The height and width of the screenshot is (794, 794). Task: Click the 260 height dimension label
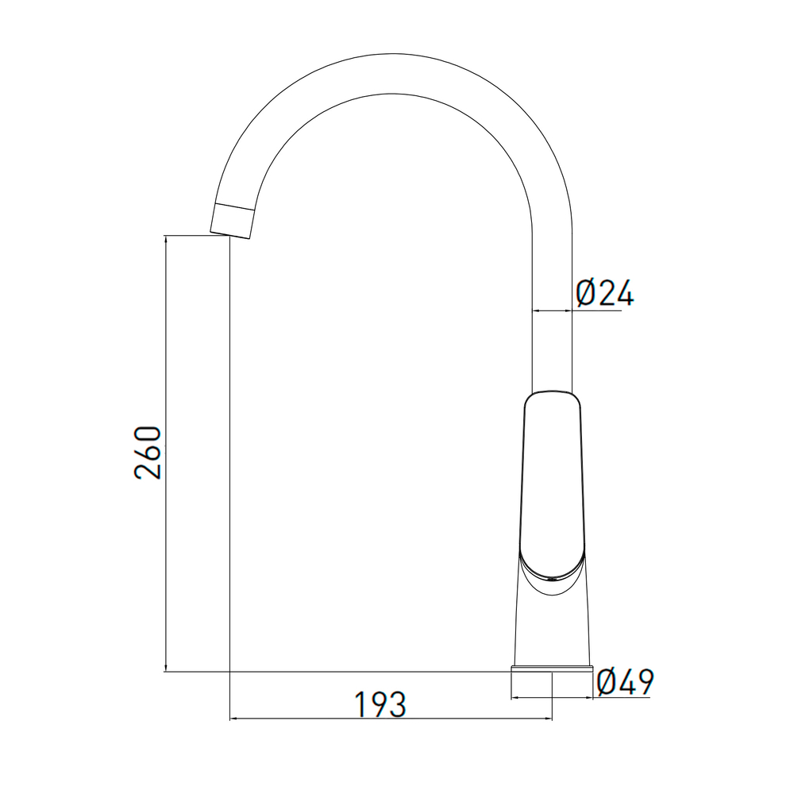(148, 453)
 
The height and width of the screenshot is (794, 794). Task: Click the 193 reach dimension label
(380, 703)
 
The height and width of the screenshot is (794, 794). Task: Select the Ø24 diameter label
(604, 293)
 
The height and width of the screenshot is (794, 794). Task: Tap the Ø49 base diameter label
(626, 681)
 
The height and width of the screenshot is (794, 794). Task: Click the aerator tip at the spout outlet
(233, 221)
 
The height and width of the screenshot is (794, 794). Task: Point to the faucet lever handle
(553, 487)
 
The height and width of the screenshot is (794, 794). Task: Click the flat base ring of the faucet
(552, 669)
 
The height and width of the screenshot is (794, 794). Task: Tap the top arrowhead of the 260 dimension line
(166, 241)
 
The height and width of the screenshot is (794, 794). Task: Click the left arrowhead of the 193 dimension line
(236, 718)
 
